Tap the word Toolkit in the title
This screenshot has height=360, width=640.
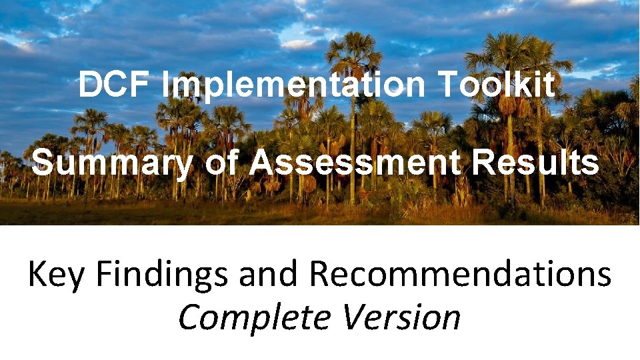click(x=497, y=85)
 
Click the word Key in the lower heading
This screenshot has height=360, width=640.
click(x=56, y=275)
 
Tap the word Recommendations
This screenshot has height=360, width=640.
click(x=460, y=274)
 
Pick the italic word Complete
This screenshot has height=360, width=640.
click(x=255, y=317)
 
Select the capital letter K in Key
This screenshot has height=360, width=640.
click(x=38, y=274)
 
